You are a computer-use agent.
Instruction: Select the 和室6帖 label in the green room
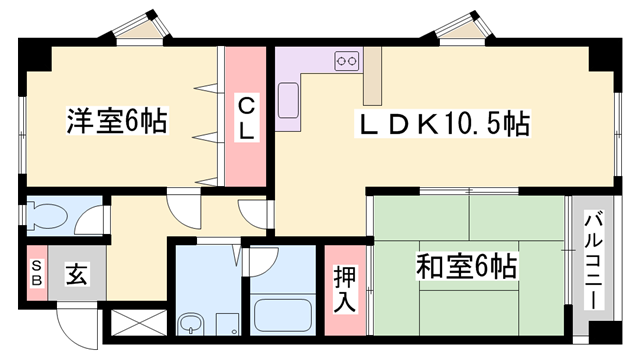[x=466, y=267]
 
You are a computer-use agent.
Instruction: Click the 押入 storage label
[x=342, y=289]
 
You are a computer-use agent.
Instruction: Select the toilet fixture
[x=50, y=214]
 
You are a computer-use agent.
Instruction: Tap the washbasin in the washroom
[x=191, y=323]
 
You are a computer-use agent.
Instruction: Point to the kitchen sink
[x=288, y=99]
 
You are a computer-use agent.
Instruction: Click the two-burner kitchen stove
[x=347, y=61]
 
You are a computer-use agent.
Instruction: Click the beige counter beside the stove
[x=373, y=75]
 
